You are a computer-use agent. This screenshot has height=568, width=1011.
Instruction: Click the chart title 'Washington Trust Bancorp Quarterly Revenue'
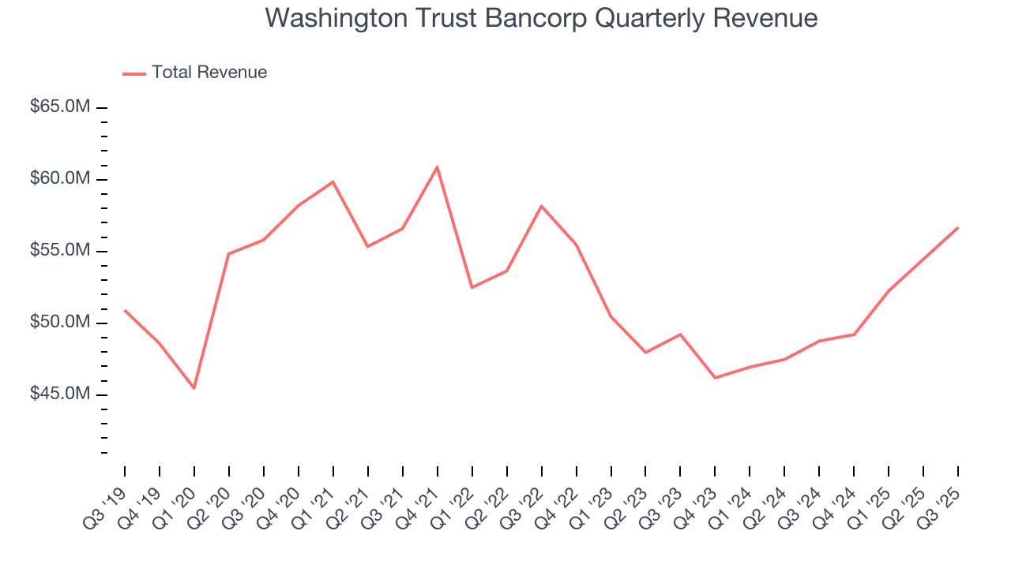(x=541, y=17)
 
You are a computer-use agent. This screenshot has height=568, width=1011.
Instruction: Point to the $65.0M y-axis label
(x=60, y=107)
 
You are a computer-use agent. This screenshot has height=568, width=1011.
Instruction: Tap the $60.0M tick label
(x=60, y=179)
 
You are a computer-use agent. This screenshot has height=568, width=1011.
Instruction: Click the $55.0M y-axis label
(x=60, y=251)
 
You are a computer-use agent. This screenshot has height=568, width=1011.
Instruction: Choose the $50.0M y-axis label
(x=60, y=323)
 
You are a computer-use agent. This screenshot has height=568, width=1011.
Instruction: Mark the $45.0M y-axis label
(x=60, y=394)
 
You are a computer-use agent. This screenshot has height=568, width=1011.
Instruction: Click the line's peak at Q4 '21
(x=437, y=166)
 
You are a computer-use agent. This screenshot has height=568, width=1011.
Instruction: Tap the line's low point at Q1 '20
(x=194, y=388)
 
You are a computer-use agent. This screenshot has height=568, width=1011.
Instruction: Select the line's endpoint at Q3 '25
(x=958, y=227)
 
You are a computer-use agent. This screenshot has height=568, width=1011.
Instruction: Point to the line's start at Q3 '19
(x=125, y=310)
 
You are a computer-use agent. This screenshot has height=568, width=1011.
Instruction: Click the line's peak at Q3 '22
(x=541, y=206)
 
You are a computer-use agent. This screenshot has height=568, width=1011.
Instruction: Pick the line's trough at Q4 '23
(x=715, y=378)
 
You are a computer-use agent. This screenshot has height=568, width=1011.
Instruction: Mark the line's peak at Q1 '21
(x=333, y=181)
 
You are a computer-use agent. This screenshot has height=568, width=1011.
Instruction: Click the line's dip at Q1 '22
(x=472, y=287)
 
